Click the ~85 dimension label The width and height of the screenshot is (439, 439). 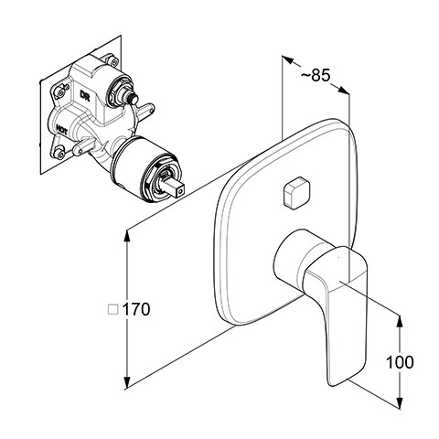tap(316, 75)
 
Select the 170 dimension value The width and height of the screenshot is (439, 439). tap(136, 309)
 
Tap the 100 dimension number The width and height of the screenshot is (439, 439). tap(400, 362)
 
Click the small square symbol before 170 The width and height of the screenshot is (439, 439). tap(113, 310)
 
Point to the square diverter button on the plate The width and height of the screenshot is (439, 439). tap(296, 192)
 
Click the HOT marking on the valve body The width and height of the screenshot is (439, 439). tap(61, 131)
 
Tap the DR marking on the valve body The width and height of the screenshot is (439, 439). tap(84, 94)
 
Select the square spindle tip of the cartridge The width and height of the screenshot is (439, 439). tap(176, 188)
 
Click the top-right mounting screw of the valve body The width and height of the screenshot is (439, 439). tap(114, 62)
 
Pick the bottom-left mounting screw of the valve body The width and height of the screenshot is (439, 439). tap(61, 155)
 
